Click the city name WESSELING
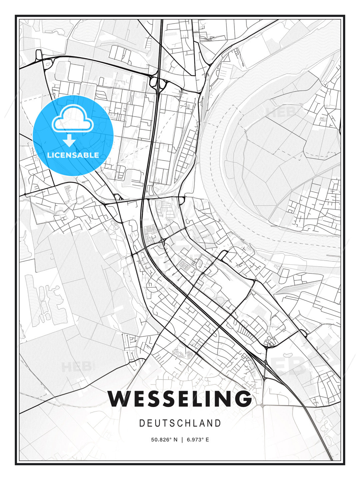point(180,399)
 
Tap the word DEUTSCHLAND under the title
point(180,423)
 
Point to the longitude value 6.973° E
point(198,440)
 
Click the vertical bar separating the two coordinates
point(182,440)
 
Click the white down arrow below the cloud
point(69,141)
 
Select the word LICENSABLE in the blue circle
point(73,155)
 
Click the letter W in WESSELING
point(119,399)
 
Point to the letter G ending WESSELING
point(242,399)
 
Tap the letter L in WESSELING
point(196,399)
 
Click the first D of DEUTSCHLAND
point(141,423)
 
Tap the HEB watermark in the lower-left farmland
point(76,367)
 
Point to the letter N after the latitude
point(175,440)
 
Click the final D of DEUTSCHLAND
point(218,423)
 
